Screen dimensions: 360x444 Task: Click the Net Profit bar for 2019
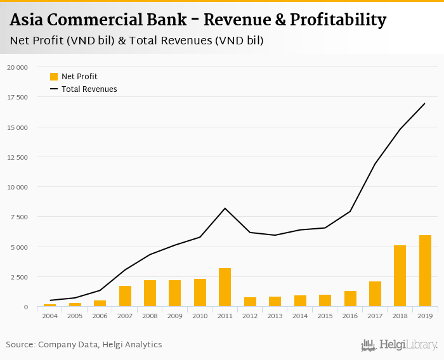click(x=425, y=271)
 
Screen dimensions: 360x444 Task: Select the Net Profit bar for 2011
click(x=225, y=288)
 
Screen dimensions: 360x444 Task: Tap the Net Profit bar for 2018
click(x=400, y=276)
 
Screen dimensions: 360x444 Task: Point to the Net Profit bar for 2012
click(x=250, y=302)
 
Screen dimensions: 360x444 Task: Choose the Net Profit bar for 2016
click(x=350, y=299)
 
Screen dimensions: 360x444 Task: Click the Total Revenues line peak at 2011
click(x=225, y=208)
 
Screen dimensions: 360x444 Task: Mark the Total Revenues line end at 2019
click(x=425, y=103)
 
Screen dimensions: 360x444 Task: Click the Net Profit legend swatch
click(x=54, y=77)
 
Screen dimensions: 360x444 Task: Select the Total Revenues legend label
click(x=89, y=89)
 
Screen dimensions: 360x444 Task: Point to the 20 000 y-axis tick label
click(x=17, y=67)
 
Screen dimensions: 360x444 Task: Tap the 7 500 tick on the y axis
click(x=19, y=217)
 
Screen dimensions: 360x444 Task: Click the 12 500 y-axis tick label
click(x=17, y=157)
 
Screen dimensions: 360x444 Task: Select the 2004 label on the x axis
click(x=50, y=315)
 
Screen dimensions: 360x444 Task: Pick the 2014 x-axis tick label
click(x=300, y=315)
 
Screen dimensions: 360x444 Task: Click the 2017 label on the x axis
click(x=375, y=315)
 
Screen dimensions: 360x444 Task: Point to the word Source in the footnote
click(x=20, y=345)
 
